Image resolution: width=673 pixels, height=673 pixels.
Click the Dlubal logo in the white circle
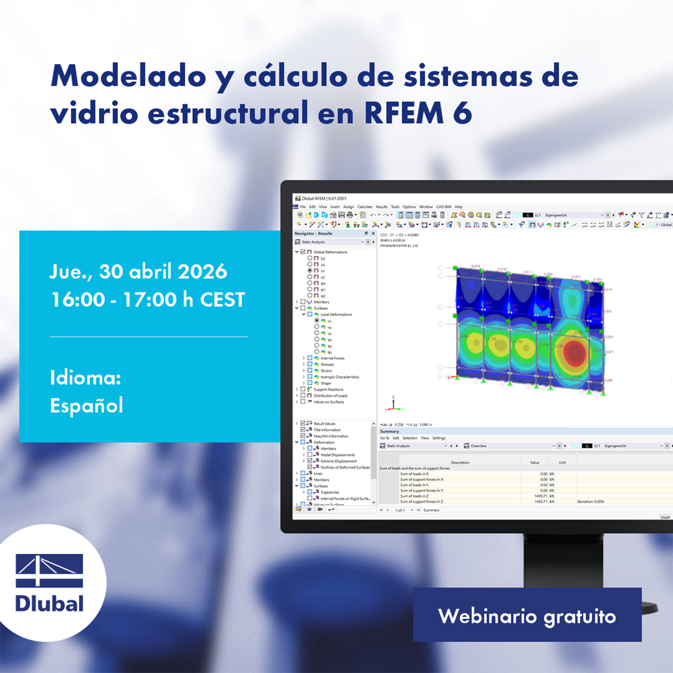pyautogui.click(x=50, y=582)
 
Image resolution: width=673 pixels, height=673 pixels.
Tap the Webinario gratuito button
pyautogui.click(x=527, y=615)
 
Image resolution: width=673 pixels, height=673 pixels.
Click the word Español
pyautogui.click(x=86, y=405)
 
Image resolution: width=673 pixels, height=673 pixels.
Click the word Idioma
pyautogui.click(x=85, y=378)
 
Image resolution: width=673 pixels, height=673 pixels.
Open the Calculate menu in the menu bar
pyautogui.click(x=365, y=206)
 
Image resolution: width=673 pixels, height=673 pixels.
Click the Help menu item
pyautogui.click(x=458, y=206)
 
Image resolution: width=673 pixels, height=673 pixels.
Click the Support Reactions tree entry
pyautogui.click(x=329, y=390)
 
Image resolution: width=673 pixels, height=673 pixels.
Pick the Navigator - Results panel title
pyautogui.click(x=313, y=233)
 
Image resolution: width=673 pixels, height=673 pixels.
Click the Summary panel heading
pyautogui.click(x=390, y=431)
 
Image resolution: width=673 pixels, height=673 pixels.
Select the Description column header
pyautogui.click(x=460, y=463)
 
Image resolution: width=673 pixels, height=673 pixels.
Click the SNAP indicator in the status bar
pyautogui.click(x=665, y=517)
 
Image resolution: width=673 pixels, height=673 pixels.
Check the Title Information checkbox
pyautogui.click(x=303, y=430)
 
